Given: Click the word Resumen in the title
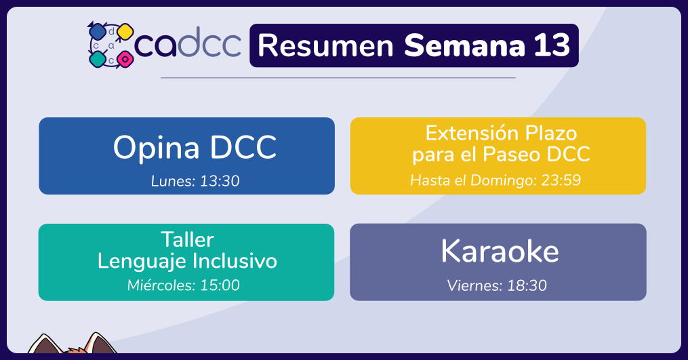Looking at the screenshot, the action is tap(325, 45).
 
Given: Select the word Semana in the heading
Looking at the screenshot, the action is tap(464, 45).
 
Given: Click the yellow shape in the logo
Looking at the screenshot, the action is tap(125, 32).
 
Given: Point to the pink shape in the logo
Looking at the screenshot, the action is tap(125, 58).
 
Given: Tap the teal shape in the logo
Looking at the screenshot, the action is tap(98, 59).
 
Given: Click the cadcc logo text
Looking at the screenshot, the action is tap(188, 43).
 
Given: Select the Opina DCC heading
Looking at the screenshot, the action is tap(195, 148).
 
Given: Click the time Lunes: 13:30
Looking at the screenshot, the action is tap(195, 181).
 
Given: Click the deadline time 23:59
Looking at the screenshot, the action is tap(561, 180).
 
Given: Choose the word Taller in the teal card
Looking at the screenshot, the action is tap(187, 240).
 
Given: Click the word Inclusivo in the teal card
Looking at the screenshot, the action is tap(235, 261).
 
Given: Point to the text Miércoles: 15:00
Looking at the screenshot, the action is tap(184, 285).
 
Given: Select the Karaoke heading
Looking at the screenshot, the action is tap(500, 251).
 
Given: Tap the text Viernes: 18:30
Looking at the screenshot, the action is tap(497, 286).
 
